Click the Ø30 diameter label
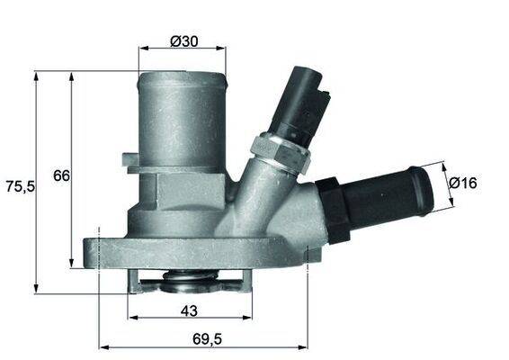tap(183, 40)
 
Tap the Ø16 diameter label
tap(462, 183)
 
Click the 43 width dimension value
tap(190, 310)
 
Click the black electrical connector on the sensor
tap(305, 103)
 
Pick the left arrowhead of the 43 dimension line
tap(132, 319)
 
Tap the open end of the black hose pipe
tap(422, 184)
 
